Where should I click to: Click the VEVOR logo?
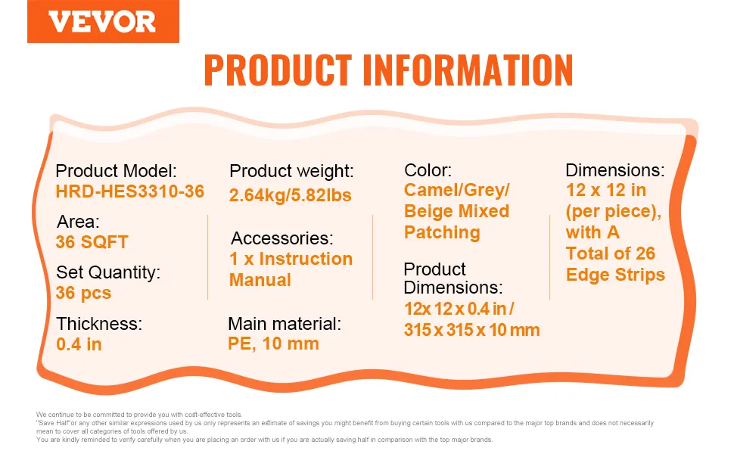point(103,21)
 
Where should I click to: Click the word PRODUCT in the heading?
point(278,70)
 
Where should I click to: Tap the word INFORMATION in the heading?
point(468,70)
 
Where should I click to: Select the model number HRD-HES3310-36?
point(130,191)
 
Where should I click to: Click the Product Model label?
point(116,171)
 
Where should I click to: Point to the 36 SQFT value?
point(92,242)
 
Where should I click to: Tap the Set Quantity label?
point(108,272)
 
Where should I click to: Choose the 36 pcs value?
point(83,293)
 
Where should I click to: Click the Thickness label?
point(99,323)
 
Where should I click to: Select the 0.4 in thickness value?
point(79,344)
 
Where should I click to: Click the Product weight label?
point(291,171)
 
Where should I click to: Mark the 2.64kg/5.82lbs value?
point(291,195)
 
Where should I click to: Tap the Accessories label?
point(281,238)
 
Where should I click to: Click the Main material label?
point(285,323)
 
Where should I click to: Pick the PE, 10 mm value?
point(273,344)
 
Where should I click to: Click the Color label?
point(428,170)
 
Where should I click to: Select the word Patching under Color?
point(443,232)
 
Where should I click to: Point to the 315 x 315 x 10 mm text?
point(472,330)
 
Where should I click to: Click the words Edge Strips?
point(615,275)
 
